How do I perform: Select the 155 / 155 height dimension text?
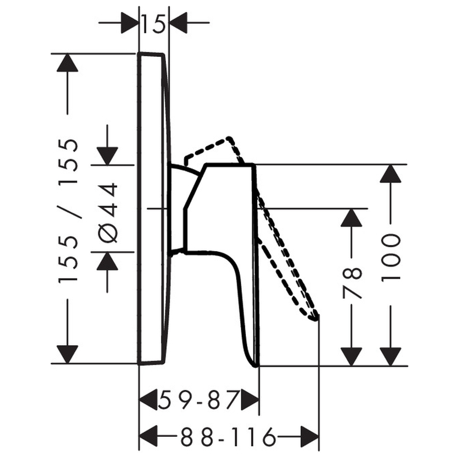click(68, 210)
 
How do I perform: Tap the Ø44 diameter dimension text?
click(108, 213)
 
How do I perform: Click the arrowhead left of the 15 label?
click(129, 22)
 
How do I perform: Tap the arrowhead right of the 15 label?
click(178, 22)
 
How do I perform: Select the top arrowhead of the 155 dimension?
click(68, 62)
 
